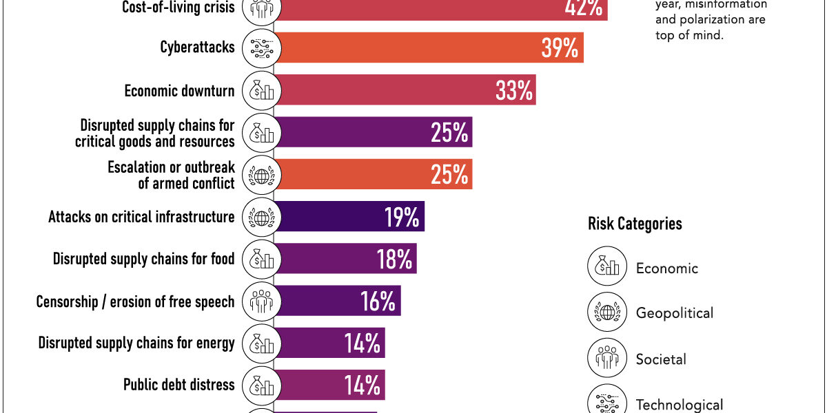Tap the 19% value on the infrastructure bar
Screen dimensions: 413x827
[x=402, y=218]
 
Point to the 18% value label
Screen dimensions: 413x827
[x=394, y=260]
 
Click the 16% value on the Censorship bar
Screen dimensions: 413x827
[x=378, y=301]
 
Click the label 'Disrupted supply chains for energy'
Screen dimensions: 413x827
[x=136, y=343]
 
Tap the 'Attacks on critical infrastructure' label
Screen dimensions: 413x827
[x=141, y=218]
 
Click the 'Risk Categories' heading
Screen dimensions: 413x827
[x=635, y=224]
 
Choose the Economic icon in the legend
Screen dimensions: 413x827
[x=607, y=266]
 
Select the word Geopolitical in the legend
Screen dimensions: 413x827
[x=674, y=313]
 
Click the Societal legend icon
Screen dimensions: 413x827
[x=607, y=359]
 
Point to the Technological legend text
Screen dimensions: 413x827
[x=679, y=405]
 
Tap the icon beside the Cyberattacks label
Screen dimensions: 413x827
[x=261, y=47]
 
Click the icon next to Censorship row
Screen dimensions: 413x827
[x=261, y=301]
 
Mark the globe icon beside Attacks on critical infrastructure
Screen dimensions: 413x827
[x=261, y=218]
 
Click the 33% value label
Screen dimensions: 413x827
[x=513, y=90]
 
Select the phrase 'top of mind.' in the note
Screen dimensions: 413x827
[x=689, y=35]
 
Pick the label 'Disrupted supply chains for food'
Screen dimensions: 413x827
[x=144, y=260]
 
